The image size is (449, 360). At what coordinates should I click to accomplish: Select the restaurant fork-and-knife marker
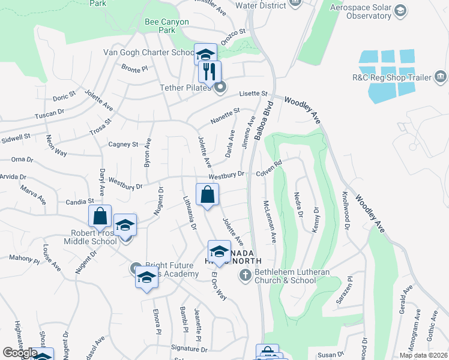[x=209, y=72]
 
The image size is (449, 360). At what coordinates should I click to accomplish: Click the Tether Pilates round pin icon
[x=220, y=88]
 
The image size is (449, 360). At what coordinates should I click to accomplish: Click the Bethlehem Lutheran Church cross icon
[x=245, y=275]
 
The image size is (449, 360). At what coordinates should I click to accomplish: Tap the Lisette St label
[x=253, y=94]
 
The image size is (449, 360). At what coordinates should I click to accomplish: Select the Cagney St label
[x=123, y=144]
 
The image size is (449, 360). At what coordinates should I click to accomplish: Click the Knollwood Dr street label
[x=346, y=210]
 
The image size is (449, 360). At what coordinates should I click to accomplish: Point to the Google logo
[x=20, y=353]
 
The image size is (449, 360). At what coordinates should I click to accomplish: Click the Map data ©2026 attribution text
[x=423, y=355]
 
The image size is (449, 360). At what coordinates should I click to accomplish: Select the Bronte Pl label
[x=134, y=68]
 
